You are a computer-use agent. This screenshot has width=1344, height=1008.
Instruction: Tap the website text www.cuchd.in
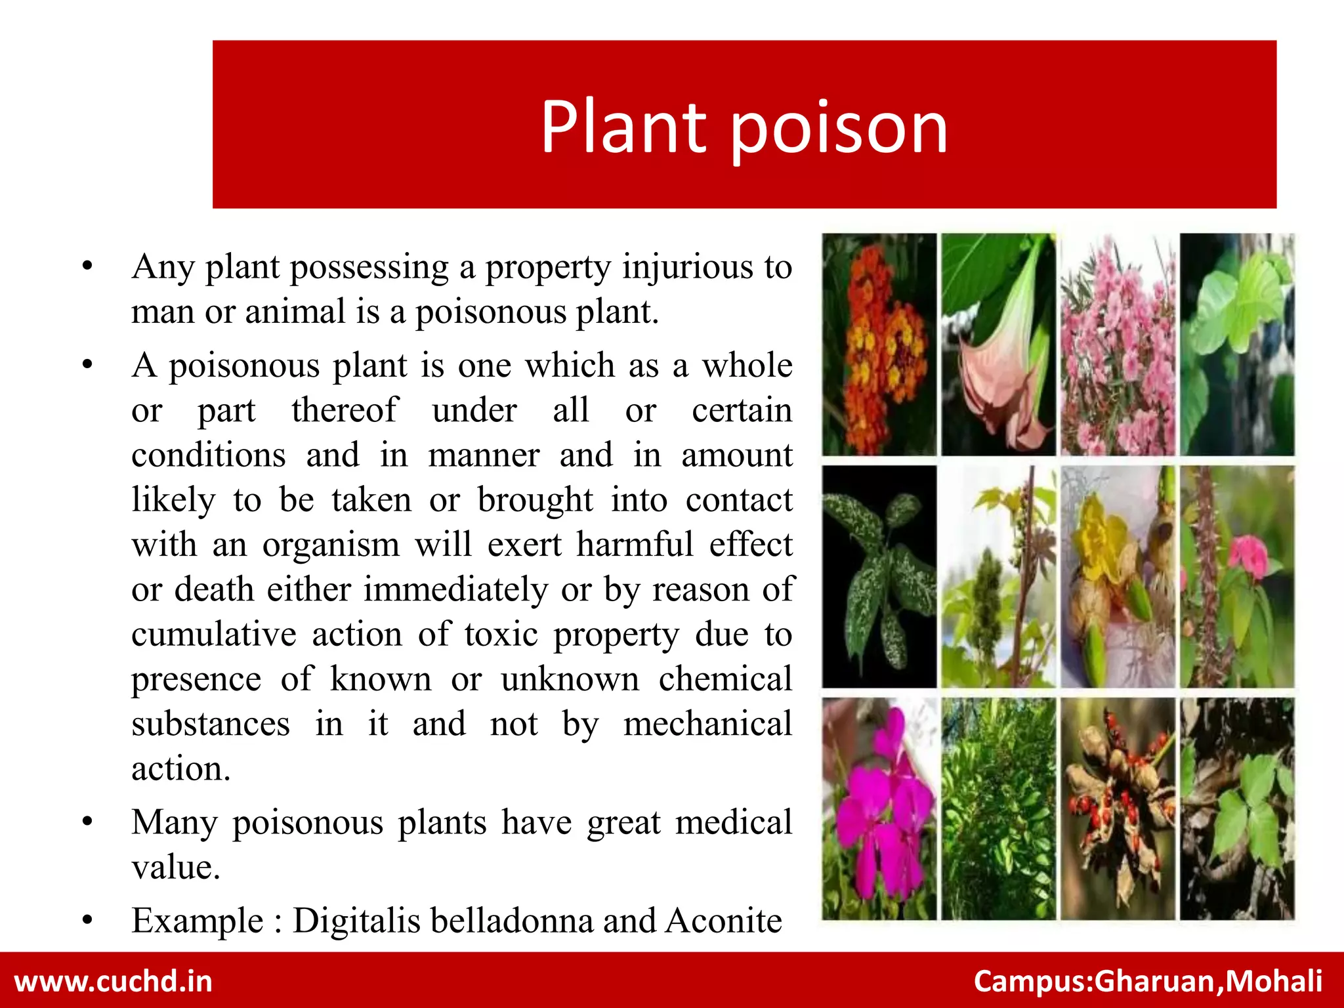tap(114, 981)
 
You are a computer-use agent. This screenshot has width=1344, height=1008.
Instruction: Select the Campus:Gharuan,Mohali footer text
tap(1148, 981)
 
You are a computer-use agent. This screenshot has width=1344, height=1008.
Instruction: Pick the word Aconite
tap(724, 920)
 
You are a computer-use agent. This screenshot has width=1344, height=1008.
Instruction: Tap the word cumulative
tap(214, 634)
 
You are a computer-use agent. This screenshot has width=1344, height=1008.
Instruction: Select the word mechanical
tap(708, 724)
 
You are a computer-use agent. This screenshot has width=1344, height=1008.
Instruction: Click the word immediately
tap(455, 589)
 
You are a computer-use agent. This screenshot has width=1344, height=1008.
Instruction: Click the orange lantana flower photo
tap(879, 345)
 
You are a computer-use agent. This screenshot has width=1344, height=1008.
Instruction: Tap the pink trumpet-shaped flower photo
tap(998, 345)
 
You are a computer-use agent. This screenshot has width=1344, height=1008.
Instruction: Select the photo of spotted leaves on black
tap(879, 577)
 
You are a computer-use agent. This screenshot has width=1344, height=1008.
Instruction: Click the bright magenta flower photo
tap(879, 808)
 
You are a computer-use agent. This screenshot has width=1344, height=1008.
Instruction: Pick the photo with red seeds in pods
tap(1118, 808)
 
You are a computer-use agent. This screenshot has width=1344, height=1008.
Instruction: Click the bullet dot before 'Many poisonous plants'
tap(87, 822)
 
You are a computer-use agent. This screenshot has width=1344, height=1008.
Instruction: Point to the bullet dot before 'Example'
tap(87, 921)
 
